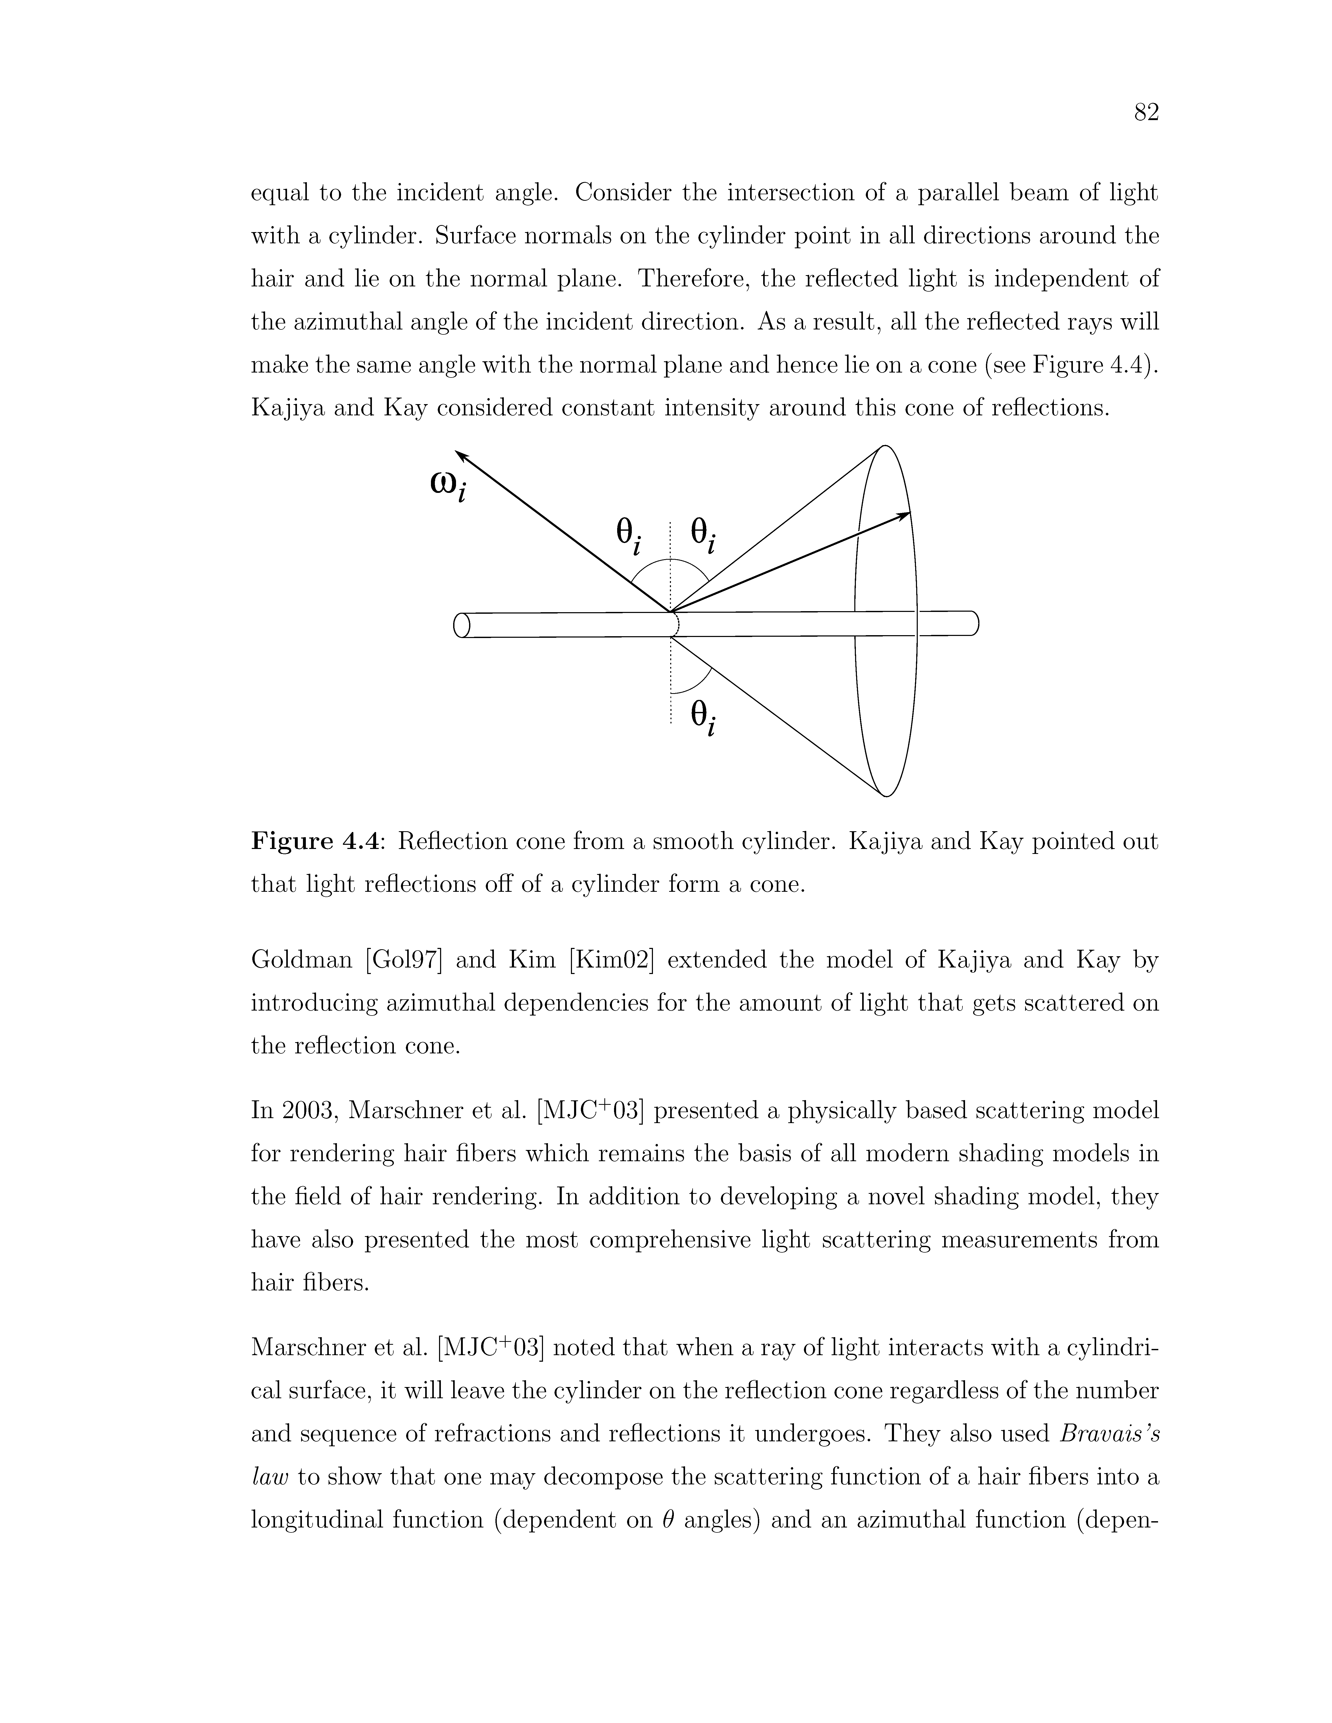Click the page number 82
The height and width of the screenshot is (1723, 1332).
point(1146,114)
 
